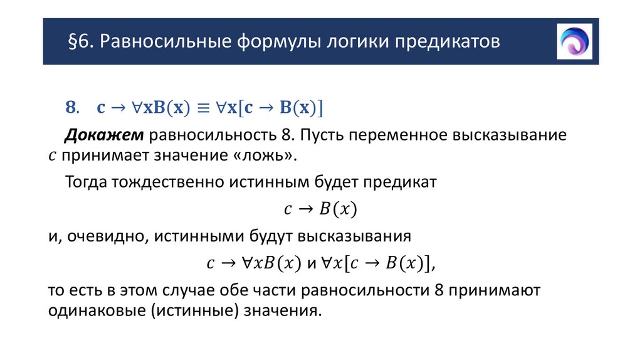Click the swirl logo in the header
(574, 41)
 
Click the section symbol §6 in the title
(80, 42)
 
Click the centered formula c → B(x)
(320, 209)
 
